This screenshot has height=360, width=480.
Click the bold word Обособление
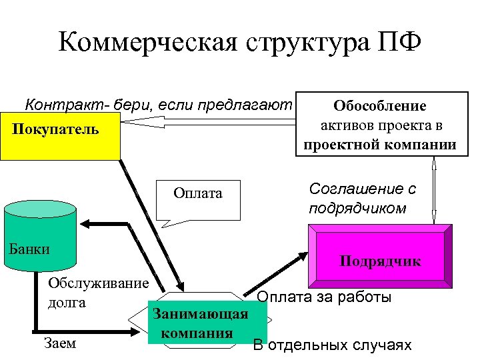[x=380, y=106]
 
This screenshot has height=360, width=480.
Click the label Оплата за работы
[x=324, y=297]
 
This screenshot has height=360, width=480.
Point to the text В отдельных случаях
[x=332, y=345]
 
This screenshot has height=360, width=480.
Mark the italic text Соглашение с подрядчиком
[x=362, y=198]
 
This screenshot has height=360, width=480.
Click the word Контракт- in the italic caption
[x=58, y=105]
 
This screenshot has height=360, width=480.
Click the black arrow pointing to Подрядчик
[x=287, y=267]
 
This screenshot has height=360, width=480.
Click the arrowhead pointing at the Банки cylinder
[x=83, y=225]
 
